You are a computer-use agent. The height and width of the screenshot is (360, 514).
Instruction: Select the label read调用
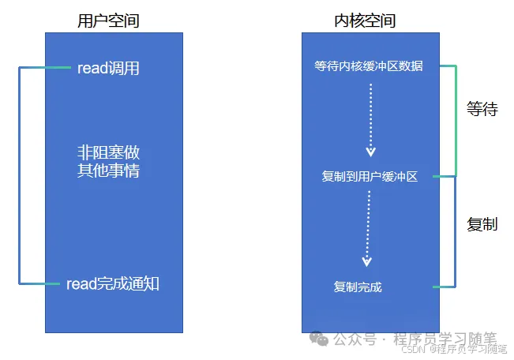108,68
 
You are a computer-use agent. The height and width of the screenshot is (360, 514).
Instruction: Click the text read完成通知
113,283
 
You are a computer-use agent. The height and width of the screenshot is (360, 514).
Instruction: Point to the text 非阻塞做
108,152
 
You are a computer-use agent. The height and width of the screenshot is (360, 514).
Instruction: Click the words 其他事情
108,170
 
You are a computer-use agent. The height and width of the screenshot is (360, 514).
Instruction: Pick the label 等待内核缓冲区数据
369,66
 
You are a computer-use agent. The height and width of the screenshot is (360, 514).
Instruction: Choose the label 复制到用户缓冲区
370,176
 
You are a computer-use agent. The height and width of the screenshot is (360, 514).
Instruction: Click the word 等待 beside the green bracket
482,109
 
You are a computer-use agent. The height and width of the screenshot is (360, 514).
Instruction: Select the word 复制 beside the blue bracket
482,224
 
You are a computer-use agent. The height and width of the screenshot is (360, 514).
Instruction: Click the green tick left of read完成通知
54,283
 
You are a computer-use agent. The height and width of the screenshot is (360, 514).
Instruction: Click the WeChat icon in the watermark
320,338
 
